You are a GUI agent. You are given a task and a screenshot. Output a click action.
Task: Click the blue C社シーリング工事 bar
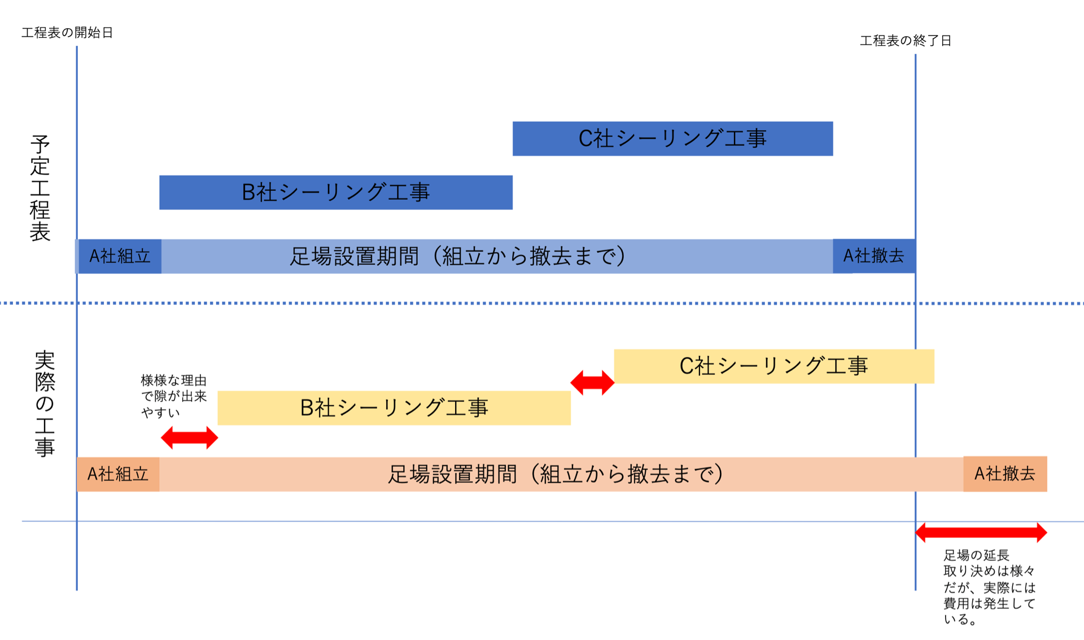(x=672, y=139)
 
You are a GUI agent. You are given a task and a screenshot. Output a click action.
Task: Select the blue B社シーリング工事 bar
(x=336, y=192)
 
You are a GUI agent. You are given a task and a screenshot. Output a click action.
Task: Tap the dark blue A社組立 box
(x=120, y=256)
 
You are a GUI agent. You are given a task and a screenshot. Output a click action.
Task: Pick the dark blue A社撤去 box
(x=873, y=256)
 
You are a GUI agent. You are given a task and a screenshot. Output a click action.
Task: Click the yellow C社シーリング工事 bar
(x=773, y=366)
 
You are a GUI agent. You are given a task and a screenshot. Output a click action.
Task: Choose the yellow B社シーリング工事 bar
(x=394, y=408)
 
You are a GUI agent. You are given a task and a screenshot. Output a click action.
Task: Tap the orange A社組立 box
(x=118, y=474)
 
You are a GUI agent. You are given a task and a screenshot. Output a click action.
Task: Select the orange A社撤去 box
(x=1005, y=474)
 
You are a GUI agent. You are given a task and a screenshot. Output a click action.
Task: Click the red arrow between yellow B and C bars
(x=592, y=383)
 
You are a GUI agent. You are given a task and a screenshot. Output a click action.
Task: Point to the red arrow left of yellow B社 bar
(x=189, y=438)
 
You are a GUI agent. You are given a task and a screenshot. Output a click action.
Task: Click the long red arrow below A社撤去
(x=981, y=532)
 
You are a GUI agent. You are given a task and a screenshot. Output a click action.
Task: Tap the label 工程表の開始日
(x=67, y=33)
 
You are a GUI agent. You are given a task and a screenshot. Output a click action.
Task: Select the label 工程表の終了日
(x=906, y=41)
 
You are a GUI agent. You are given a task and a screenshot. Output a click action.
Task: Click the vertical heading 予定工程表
(x=40, y=188)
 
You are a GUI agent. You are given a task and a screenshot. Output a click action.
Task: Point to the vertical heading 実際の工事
(x=45, y=404)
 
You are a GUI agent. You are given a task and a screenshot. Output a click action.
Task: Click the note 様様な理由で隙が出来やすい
(x=173, y=396)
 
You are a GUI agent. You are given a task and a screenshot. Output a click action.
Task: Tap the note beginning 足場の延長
(x=989, y=587)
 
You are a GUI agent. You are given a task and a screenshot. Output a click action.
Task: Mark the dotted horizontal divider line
(x=542, y=303)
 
